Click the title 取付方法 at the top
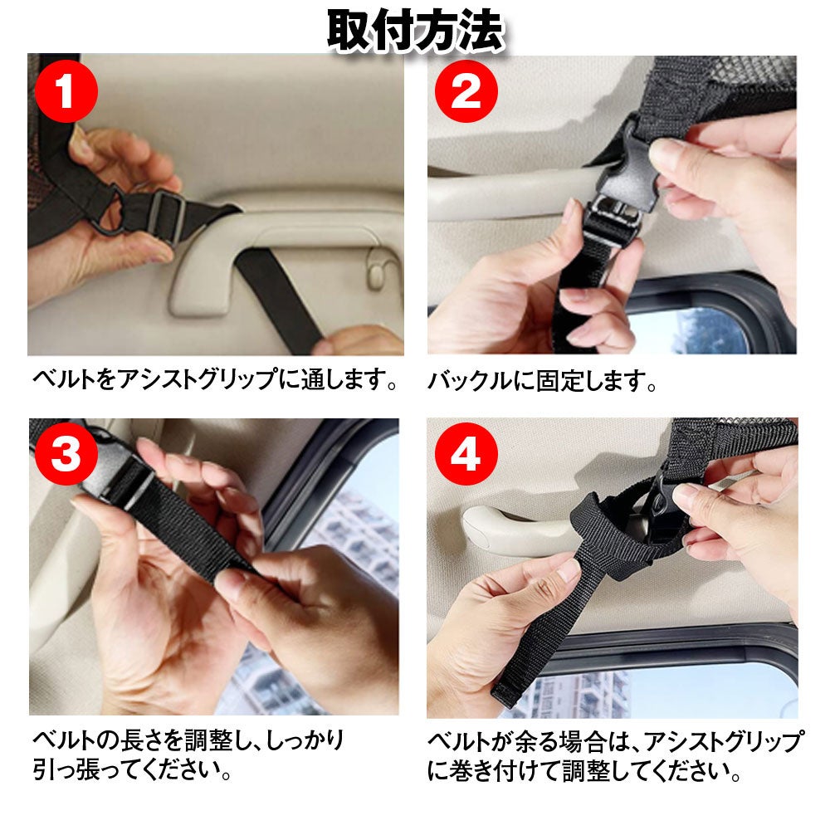415,31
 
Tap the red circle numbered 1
66,91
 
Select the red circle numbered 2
466,91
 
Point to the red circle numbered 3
66,454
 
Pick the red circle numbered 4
466,454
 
